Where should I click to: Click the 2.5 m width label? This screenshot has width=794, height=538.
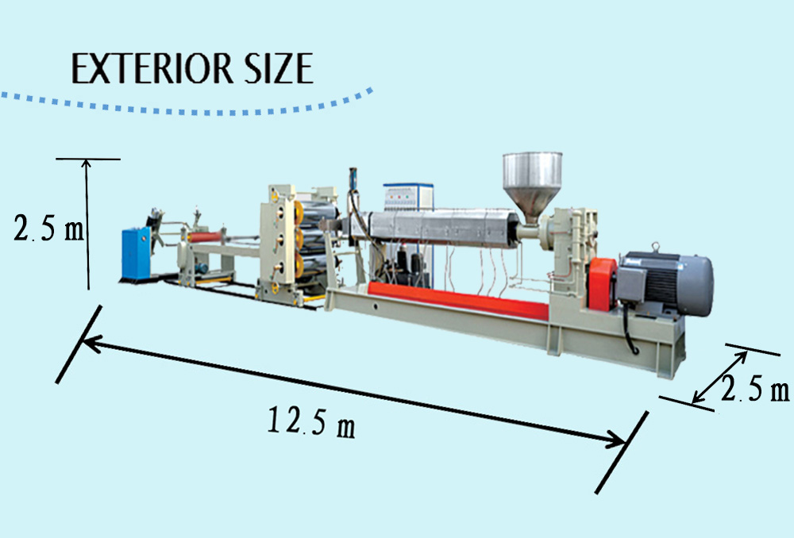pyautogui.click(x=755, y=389)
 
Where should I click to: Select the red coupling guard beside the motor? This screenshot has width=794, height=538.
pyautogui.click(x=602, y=284)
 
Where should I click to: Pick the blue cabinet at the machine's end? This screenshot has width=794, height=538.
pyautogui.click(x=137, y=253)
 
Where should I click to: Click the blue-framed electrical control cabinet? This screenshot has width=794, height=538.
pyautogui.click(x=408, y=198)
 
